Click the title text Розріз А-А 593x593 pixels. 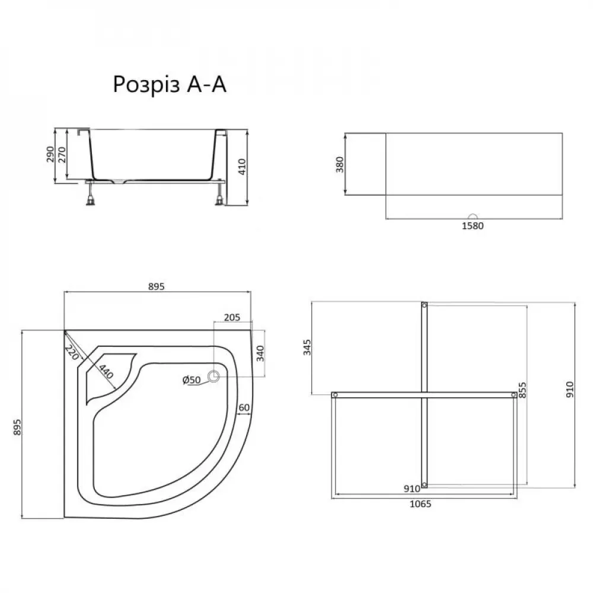coord(170,84)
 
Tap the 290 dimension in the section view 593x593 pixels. coord(50,154)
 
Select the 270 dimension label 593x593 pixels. coord(62,154)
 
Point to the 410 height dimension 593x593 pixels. coord(241,167)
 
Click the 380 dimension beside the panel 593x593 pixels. coord(340,164)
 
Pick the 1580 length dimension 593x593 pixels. coord(473,225)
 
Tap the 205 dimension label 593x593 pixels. coord(232,317)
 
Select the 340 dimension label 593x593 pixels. coord(260,353)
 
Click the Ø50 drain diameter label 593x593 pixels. coord(192,379)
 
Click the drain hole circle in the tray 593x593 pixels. coord(213,375)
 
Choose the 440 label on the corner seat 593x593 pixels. coord(106,372)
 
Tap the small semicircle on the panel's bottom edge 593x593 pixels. coord(473,217)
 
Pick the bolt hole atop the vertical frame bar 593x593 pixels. coord(424,305)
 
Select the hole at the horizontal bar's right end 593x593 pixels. coord(512,394)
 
